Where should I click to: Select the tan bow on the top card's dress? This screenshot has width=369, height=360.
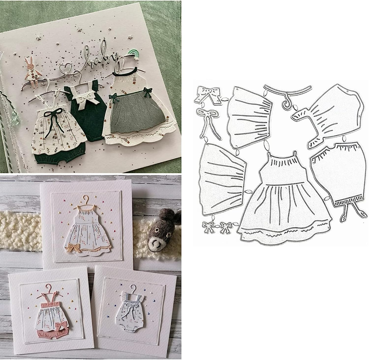[74, 248]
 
